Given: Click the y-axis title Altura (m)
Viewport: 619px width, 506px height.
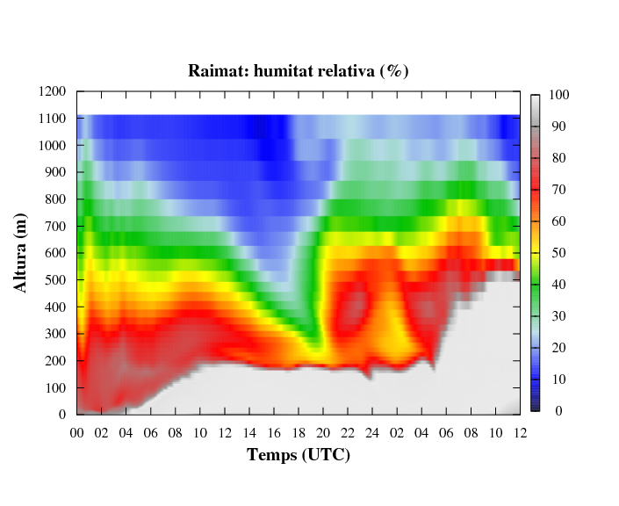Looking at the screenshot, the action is point(20,253).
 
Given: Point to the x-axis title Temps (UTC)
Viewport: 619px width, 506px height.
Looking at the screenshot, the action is point(299,455).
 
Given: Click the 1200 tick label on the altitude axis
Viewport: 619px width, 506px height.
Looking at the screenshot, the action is point(52,91).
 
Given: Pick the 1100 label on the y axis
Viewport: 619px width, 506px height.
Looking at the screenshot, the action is point(52,118).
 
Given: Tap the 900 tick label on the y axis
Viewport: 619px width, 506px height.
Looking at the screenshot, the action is point(55,172).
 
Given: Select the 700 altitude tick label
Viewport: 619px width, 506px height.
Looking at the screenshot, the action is point(55,226).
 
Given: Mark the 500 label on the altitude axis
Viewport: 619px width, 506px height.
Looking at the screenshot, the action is point(55,279).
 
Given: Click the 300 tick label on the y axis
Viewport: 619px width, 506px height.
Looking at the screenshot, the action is point(55,334).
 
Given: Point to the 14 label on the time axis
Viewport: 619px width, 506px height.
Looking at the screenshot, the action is point(249,433).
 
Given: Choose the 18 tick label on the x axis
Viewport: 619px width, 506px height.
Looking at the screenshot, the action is point(299,433).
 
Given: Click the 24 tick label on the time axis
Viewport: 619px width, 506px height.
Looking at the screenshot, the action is point(372,433).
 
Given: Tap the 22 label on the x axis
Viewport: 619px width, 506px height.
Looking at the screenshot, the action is point(348,433).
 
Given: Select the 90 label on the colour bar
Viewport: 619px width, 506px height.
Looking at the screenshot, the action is point(558,126).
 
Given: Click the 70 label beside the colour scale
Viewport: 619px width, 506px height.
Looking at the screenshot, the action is point(558,190).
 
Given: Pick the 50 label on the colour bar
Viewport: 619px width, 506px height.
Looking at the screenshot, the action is point(558,253).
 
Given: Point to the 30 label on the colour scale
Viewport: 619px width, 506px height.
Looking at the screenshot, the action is point(558,316).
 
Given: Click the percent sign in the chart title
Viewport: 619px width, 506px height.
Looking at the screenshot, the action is point(394,70).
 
